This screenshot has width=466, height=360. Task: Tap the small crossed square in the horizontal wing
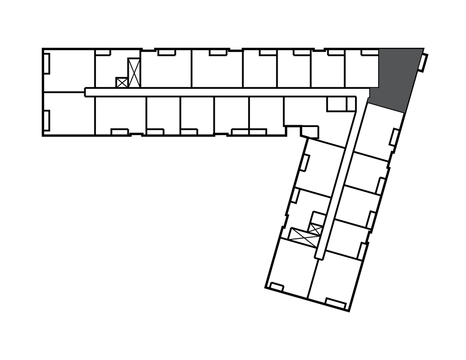[x=122, y=82]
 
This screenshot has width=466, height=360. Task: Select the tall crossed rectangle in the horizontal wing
[x=134, y=73]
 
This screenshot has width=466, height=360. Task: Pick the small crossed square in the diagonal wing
[x=315, y=228]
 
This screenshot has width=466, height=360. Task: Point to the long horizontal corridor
[x=218, y=92]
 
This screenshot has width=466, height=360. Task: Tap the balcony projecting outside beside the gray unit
[x=424, y=63]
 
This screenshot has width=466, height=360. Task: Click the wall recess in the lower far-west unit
[x=46, y=119]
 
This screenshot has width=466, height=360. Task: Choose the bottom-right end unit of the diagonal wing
[x=337, y=278]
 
